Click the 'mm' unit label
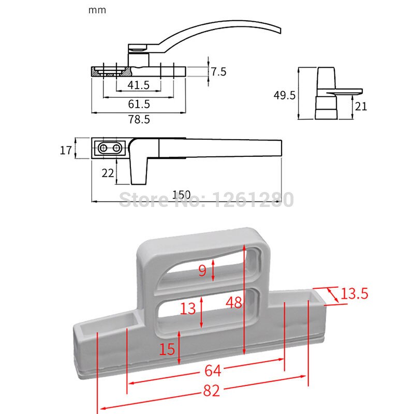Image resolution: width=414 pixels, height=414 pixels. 97,10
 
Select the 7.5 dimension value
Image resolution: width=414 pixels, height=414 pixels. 218,71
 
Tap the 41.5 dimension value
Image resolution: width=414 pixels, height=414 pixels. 138,85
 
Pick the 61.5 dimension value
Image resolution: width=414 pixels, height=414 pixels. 138,103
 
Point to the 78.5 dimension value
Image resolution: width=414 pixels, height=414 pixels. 138,120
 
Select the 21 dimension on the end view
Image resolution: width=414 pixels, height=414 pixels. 361,106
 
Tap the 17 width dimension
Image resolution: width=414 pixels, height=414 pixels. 66,151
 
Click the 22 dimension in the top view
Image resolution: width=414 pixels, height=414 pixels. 107,173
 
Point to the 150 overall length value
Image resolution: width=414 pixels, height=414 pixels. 181,195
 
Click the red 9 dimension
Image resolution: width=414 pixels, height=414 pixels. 203,270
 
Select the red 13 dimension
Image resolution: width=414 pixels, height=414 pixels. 188,308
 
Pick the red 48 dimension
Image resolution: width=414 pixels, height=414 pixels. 234,303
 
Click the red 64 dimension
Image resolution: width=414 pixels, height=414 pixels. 213,371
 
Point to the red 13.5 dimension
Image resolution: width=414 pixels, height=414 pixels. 354,294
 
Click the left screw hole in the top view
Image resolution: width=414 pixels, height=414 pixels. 104,149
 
